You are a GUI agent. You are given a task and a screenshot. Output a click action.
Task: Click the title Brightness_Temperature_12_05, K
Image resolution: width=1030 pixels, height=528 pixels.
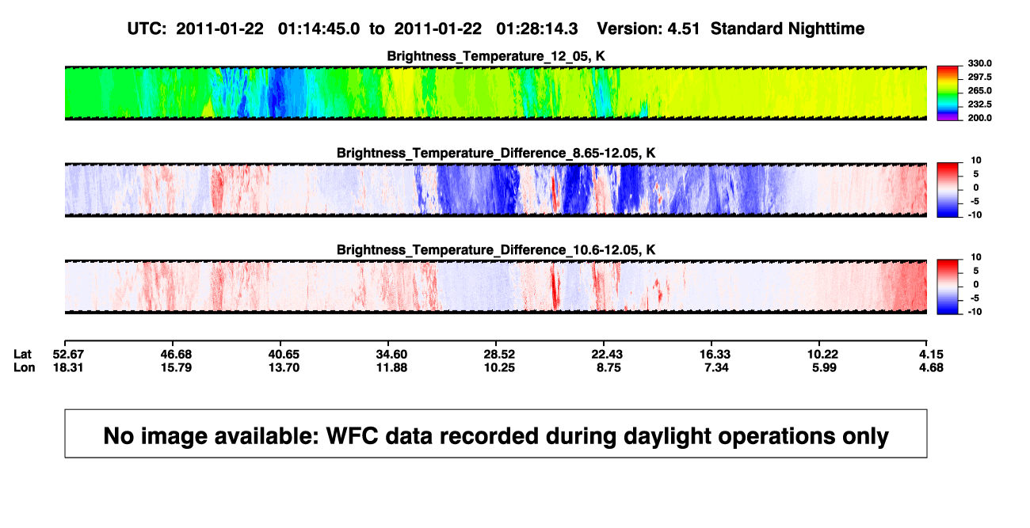[x=496, y=56]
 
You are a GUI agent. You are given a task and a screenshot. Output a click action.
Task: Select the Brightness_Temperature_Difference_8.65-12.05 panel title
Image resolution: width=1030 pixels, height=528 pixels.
[x=496, y=153]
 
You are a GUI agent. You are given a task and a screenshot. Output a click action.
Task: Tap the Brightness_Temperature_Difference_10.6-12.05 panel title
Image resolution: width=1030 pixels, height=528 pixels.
[x=496, y=250]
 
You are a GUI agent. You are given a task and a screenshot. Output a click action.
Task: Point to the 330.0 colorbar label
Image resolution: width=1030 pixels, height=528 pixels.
[x=979, y=63]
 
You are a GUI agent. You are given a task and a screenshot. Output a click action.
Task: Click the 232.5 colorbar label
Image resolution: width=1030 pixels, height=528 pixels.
[x=979, y=104]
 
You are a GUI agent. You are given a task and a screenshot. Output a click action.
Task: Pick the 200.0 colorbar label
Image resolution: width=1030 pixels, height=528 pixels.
[x=979, y=118]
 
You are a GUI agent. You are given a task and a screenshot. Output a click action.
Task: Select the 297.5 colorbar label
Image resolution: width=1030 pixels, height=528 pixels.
[x=979, y=78]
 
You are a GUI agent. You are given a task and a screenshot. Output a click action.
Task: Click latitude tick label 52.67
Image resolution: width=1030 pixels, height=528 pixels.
[x=68, y=355]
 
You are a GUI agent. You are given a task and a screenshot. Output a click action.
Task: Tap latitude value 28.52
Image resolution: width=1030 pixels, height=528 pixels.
[x=499, y=355]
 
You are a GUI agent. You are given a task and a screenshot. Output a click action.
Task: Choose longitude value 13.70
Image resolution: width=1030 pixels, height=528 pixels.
[x=284, y=367]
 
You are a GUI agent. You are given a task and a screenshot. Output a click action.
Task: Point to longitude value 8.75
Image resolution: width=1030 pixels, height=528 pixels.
[x=608, y=367]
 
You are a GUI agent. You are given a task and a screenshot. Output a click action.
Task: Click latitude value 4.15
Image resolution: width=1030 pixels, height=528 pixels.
[x=931, y=355]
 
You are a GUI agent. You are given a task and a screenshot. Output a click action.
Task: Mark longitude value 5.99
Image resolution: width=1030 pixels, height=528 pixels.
[x=824, y=367]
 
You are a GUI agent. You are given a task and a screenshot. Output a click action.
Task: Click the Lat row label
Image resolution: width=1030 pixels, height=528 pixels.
[x=22, y=355]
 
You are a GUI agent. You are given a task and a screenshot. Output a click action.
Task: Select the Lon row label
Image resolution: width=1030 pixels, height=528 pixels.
[x=25, y=367]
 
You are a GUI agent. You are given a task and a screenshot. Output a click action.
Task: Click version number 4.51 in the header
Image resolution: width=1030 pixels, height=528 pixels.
[x=683, y=29]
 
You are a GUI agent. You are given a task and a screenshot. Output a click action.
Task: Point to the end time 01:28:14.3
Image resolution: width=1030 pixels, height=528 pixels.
[x=536, y=29]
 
